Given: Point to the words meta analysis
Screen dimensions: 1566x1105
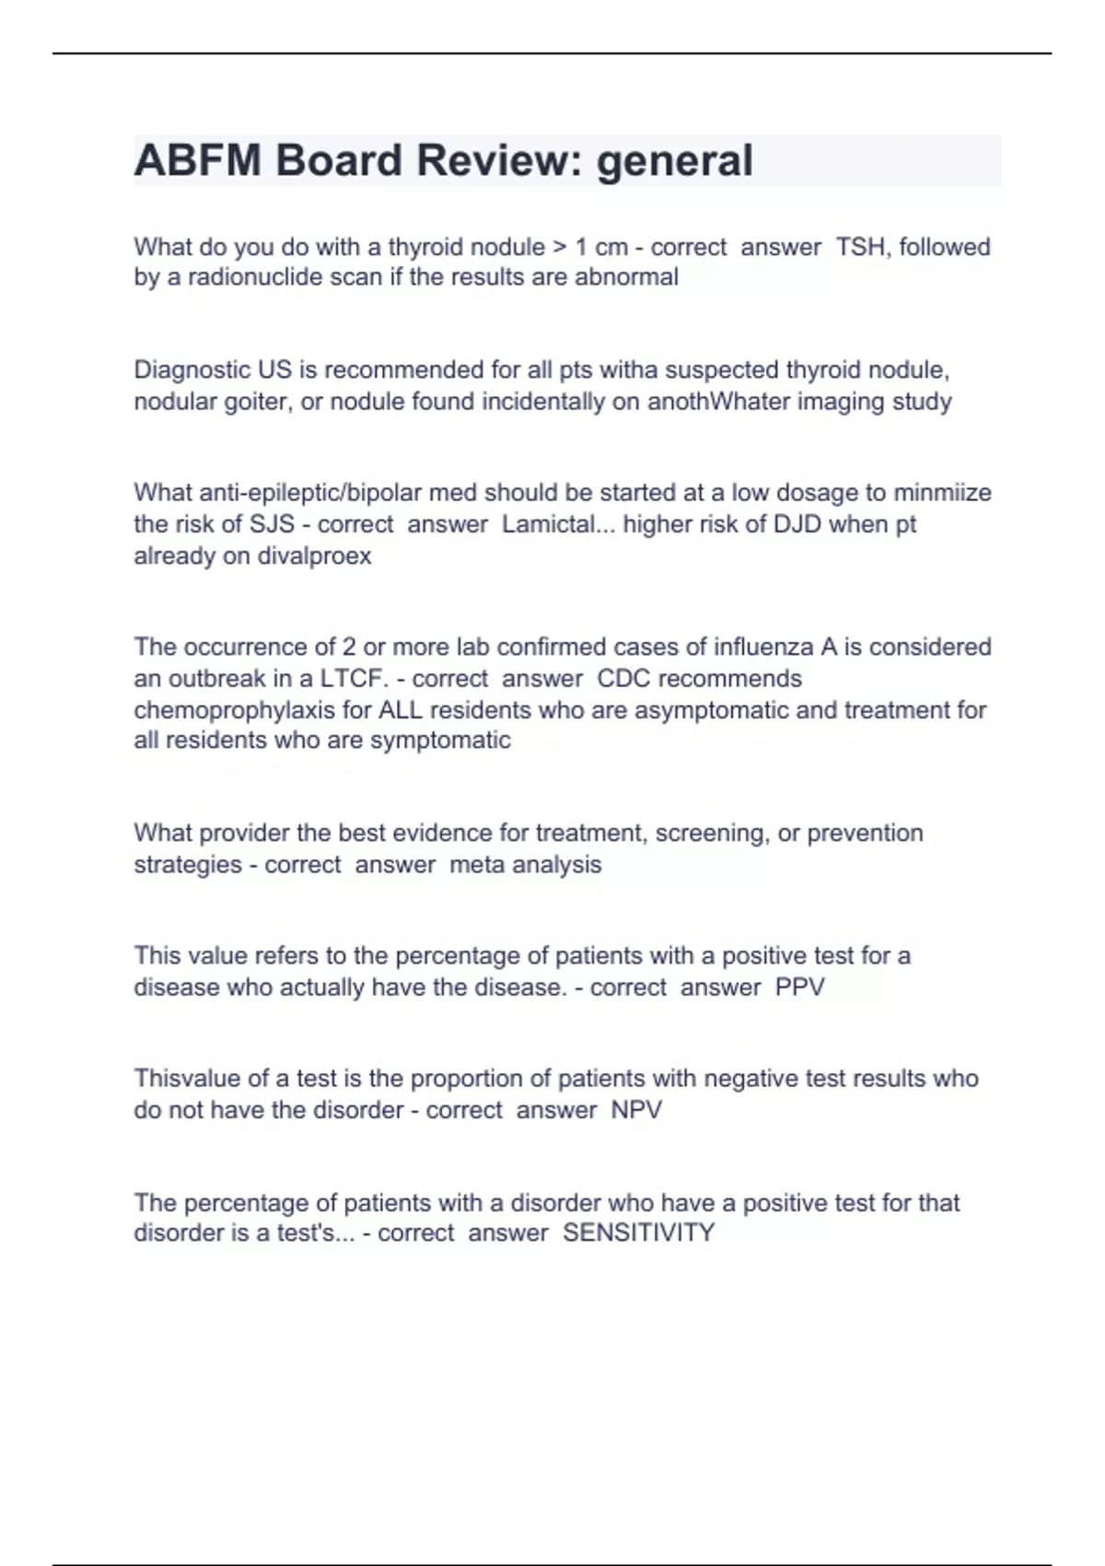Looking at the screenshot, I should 525,865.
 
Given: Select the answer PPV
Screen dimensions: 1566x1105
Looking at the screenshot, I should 799,988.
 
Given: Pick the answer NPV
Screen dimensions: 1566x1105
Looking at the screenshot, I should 636,1110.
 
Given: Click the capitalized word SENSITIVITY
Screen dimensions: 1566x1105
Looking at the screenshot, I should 638,1233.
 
